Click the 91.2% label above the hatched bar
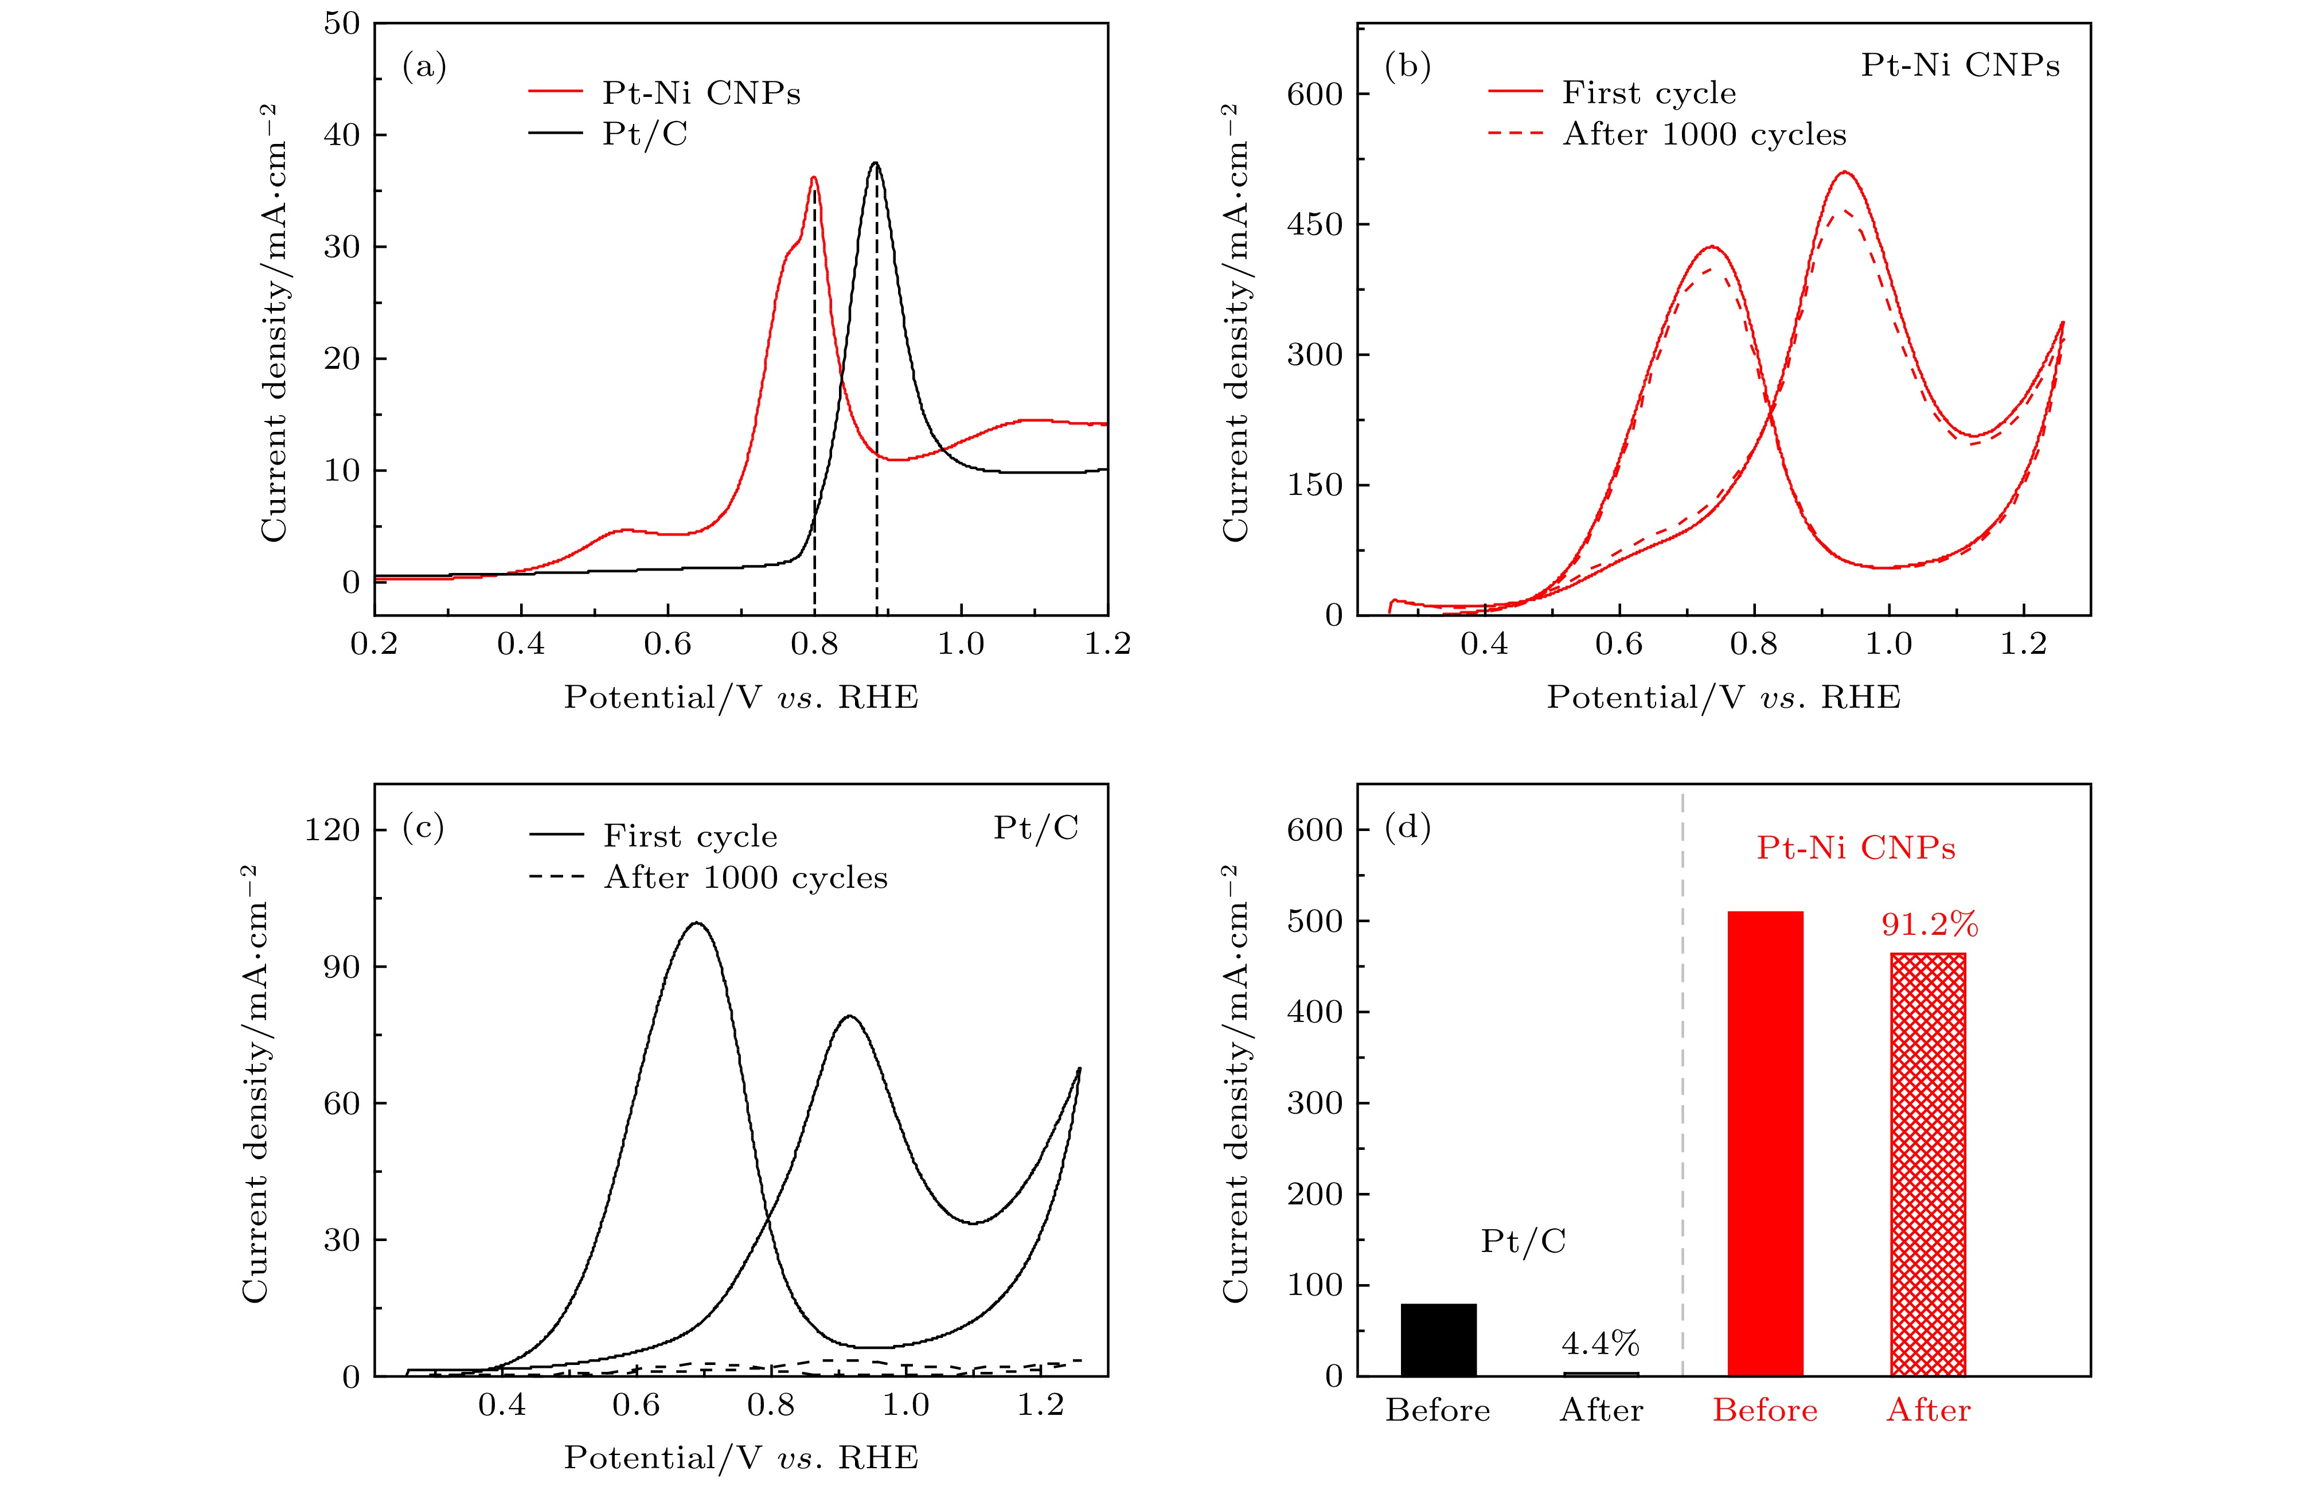pyautogui.click(x=1929, y=925)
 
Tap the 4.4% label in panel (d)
pyautogui.click(x=1601, y=1343)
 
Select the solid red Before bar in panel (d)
pyautogui.click(x=1765, y=1142)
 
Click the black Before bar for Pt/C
pyautogui.click(x=1438, y=1340)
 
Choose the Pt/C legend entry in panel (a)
pyautogui.click(x=645, y=134)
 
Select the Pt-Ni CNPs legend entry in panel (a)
pyautogui.click(x=701, y=93)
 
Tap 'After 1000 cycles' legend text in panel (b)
pyautogui.click(x=1704, y=134)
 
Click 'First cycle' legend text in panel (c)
pyautogui.click(x=690, y=836)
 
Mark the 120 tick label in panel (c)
pyautogui.click(x=332, y=829)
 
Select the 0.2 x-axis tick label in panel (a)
pyautogui.click(x=374, y=645)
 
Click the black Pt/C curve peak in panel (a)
pyautogui.click(x=876, y=163)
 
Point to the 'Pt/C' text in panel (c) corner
pyautogui.click(x=1036, y=828)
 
